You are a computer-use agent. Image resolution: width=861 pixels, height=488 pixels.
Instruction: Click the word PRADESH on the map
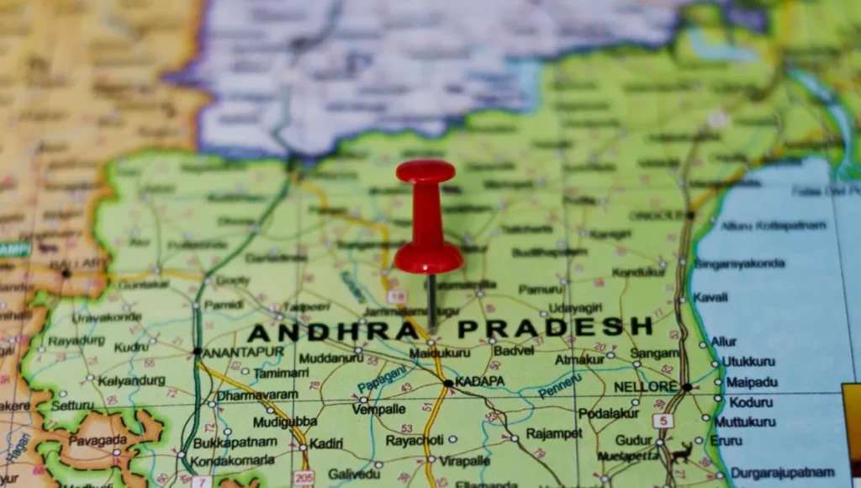[x=556, y=326]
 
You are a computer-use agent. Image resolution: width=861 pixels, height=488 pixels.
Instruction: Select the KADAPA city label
[x=481, y=381]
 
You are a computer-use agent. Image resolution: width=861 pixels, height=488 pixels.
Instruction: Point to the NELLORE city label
[x=646, y=387]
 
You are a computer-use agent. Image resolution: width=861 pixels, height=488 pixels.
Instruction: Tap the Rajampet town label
[x=554, y=433]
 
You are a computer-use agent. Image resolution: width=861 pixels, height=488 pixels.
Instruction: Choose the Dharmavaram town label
[x=257, y=395]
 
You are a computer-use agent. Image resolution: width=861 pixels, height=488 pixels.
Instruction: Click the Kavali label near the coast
[x=710, y=297]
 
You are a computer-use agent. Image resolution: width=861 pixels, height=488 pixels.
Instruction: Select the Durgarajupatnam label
[x=782, y=472]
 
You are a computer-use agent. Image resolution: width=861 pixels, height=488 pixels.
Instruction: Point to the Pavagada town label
[x=98, y=440]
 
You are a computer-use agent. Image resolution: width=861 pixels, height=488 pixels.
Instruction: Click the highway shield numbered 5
[x=663, y=420]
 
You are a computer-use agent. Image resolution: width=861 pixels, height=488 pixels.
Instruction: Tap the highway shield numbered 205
[x=304, y=478]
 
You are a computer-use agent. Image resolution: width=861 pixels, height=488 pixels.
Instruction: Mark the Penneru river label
[x=559, y=386]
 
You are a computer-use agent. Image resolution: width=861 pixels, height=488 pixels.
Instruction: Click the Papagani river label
[x=381, y=382]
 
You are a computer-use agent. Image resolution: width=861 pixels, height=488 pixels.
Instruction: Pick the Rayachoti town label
[x=415, y=440]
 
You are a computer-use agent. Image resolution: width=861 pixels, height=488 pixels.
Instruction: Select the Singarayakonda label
[x=739, y=263]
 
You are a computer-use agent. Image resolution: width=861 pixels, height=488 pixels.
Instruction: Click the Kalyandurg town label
[x=131, y=380]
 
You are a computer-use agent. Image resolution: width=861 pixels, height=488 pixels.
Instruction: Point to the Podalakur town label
[x=609, y=413]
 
